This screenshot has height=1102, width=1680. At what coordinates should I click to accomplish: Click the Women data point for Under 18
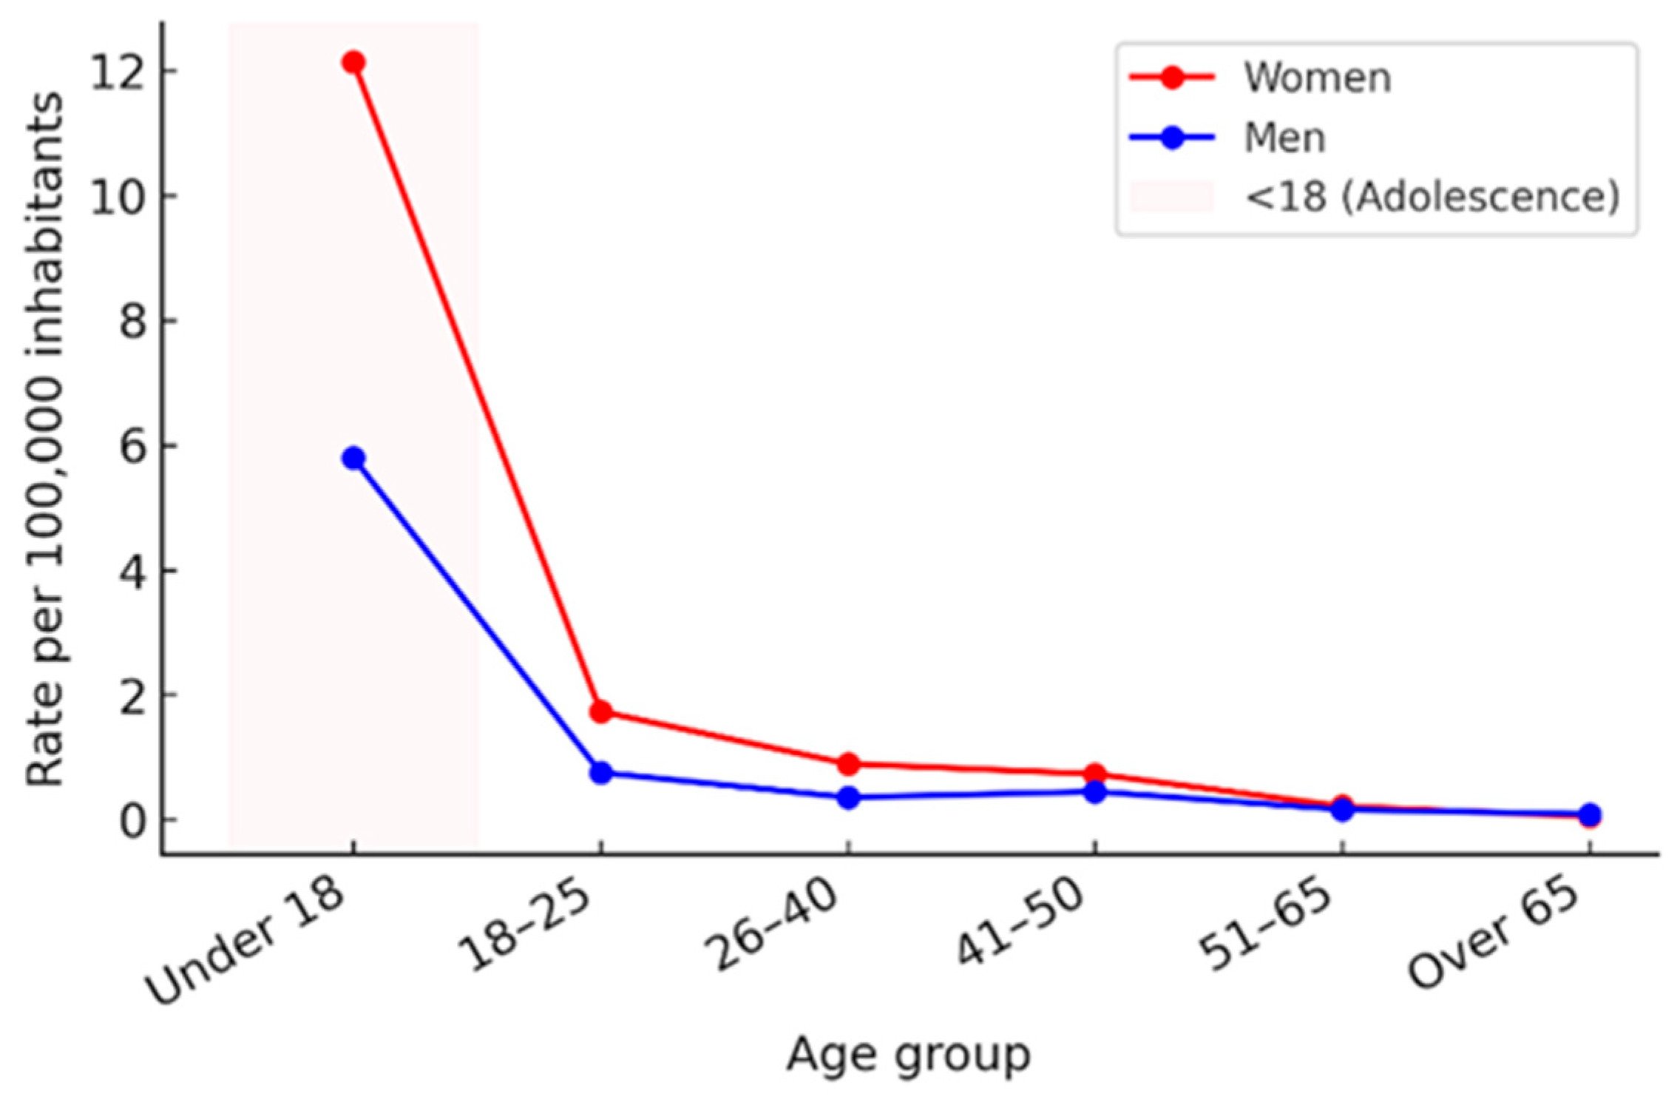353,63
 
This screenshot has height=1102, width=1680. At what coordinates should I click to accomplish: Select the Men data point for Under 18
353,459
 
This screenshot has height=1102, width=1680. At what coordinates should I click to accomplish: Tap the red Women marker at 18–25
600,712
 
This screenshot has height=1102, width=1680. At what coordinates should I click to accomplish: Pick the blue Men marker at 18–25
600,773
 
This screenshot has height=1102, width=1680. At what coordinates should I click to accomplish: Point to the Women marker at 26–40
848,764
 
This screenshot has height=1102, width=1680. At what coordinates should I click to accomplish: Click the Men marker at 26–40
848,798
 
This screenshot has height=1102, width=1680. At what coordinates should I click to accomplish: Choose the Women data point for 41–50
1095,774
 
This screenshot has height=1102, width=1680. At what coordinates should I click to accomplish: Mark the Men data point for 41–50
1095,792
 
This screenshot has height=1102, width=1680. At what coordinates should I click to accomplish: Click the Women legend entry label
1317,78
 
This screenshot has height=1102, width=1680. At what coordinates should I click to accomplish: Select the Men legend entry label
1284,138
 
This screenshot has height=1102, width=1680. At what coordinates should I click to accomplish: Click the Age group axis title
908,1054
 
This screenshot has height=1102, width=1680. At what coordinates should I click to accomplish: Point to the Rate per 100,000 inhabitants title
44,440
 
